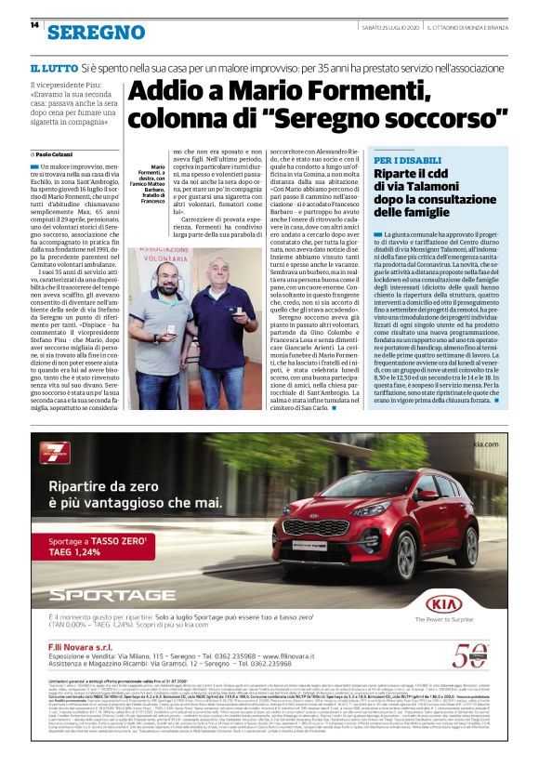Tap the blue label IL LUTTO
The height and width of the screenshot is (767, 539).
tap(53, 70)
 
